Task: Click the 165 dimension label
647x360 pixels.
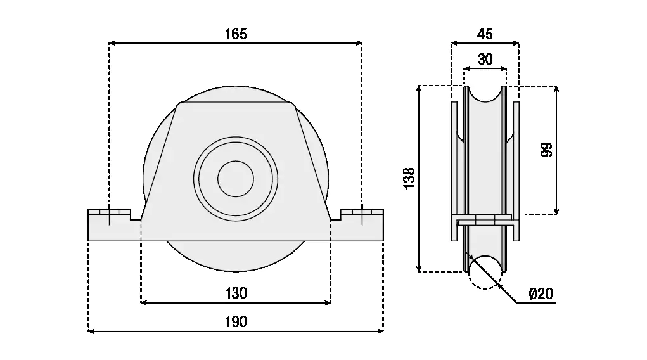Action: point(236,34)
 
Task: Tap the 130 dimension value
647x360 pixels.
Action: point(236,293)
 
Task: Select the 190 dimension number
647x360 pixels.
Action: point(236,322)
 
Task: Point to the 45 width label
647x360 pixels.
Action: point(485,34)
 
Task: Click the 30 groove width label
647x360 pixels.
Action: point(485,60)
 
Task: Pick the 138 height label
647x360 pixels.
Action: point(409,179)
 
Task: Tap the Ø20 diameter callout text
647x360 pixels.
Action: point(540,293)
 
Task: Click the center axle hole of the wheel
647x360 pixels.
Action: point(235,178)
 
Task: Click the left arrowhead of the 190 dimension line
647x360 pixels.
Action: point(90,331)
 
